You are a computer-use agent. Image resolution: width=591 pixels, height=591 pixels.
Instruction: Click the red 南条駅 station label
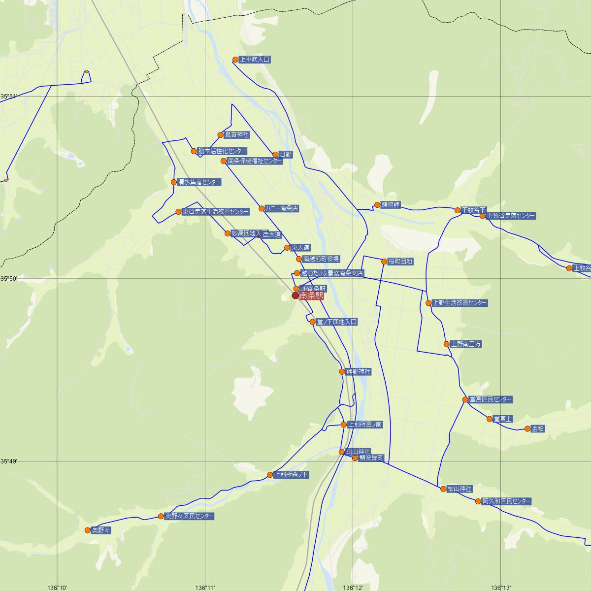[311, 296]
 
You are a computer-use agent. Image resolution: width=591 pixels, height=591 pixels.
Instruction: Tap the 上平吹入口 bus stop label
[255, 60]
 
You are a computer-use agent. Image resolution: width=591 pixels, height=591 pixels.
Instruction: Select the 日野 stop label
[286, 155]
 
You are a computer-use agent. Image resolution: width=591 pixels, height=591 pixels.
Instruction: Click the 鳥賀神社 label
[237, 135]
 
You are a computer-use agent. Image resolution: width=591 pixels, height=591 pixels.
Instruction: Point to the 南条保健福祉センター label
[255, 161]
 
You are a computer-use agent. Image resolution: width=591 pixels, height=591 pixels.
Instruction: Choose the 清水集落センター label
[199, 182]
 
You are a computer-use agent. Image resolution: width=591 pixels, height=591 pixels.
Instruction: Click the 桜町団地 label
[400, 262]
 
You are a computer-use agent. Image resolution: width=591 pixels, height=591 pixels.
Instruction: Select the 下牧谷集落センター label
[511, 216]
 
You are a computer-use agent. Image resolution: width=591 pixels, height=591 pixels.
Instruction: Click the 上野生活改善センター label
[460, 303]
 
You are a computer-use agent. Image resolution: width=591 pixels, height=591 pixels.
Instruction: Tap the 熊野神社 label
[359, 372]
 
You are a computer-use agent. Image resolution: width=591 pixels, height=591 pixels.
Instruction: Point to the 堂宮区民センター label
[491, 399]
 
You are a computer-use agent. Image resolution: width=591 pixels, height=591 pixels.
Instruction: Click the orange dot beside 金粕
[527, 429]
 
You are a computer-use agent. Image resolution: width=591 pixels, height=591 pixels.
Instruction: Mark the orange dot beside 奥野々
[88, 530]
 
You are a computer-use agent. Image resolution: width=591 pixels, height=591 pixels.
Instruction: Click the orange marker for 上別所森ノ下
[270, 475]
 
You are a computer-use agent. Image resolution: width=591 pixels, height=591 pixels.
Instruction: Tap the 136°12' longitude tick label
[353, 588]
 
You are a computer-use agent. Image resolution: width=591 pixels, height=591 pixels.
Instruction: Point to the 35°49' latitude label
[8, 461]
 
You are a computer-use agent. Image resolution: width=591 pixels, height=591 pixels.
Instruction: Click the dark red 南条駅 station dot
[295, 295]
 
